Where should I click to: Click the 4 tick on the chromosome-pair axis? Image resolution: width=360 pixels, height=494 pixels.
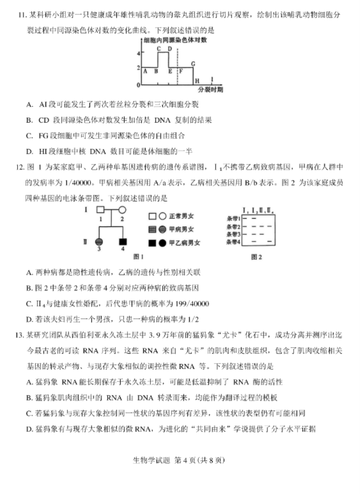click(138, 53)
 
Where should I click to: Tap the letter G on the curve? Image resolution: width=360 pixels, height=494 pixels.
click(193, 64)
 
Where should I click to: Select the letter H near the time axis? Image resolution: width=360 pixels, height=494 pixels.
click(197, 80)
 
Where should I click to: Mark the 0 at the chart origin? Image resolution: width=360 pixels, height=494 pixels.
click(138, 84)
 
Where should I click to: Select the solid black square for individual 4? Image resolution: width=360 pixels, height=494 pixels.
click(123, 242)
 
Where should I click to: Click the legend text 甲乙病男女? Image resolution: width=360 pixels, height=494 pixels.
click(185, 243)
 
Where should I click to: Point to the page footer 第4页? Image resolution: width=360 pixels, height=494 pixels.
click(185, 460)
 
